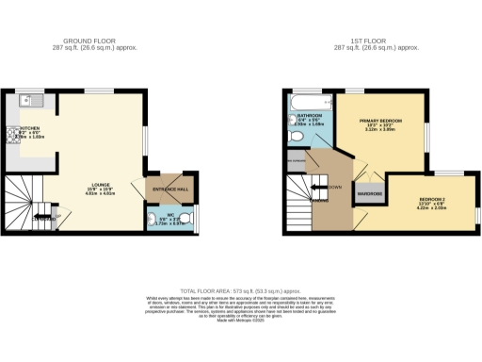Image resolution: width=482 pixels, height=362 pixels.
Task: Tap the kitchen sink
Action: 30,100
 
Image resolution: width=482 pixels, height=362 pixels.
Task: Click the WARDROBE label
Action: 368,194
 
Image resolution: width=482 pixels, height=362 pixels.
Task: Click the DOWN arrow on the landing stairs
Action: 329,187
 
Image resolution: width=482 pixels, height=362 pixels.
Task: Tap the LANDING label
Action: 321,200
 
